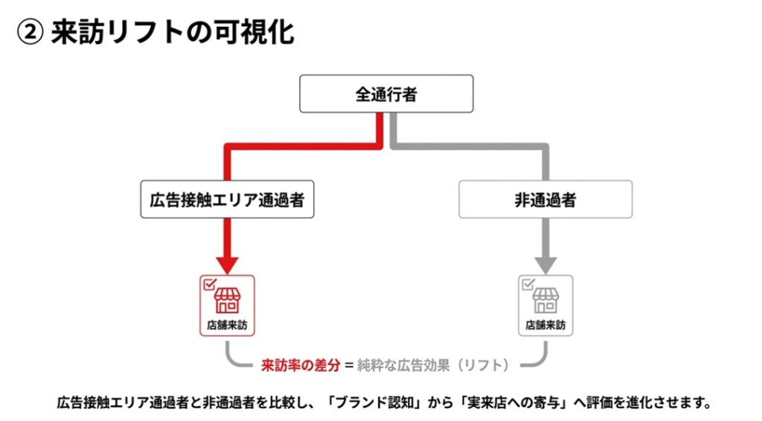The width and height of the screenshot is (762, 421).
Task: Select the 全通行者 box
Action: (x=385, y=94)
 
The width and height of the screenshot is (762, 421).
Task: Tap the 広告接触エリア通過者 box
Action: (x=227, y=199)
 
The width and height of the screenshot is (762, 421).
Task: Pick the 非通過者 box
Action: (x=545, y=199)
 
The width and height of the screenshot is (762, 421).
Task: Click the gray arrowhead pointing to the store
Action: (x=545, y=264)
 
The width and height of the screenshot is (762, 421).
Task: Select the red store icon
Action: (x=228, y=300)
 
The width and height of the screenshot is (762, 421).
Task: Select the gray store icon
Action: (x=545, y=300)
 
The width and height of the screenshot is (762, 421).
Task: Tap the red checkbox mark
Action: (x=208, y=283)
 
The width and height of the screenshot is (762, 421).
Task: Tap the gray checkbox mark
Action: (x=527, y=283)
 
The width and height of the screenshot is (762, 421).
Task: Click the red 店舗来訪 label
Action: (x=228, y=326)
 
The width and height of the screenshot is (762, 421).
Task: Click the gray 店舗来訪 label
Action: (x=545, y=326)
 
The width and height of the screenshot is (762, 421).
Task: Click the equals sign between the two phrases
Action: (x=348, y=365)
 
